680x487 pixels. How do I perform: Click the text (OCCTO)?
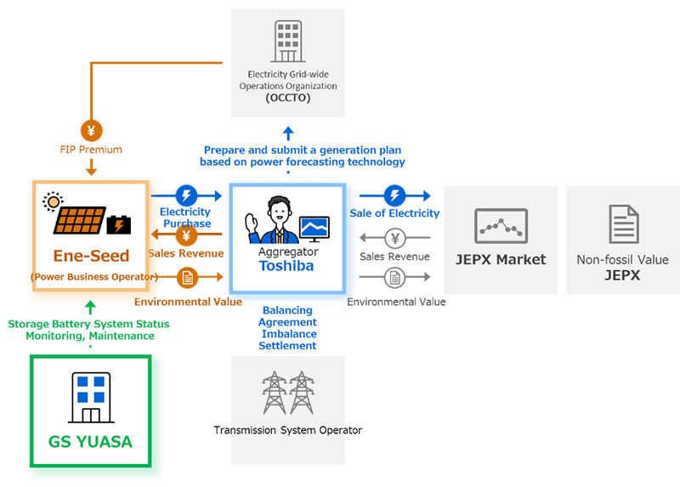(287, 99)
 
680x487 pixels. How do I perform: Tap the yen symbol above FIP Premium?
(91, 131)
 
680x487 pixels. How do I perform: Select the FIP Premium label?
(91, 150)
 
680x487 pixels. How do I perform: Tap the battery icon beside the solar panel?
(118, 225)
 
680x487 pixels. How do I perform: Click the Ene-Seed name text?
(91, 256)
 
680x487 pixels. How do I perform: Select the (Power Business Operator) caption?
(93, 276)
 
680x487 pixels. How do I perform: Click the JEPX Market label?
(501, 260)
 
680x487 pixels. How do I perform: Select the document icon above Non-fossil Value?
(623, 224)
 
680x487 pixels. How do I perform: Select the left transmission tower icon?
(274, 393)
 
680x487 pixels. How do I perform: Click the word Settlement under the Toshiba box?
(288, 346)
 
